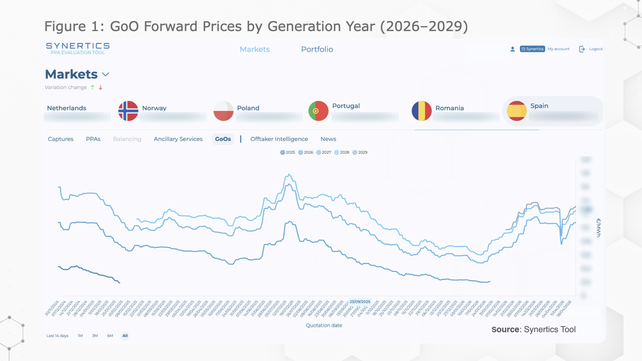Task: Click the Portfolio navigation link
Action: point(317,49)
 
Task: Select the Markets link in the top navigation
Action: point(255,49)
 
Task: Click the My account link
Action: point(558,49)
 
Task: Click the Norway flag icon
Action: point(128,111)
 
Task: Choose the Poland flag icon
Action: point(223,111)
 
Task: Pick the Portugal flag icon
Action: point(318,111)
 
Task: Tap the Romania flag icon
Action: point(421,111)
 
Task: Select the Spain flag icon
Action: point(517,111)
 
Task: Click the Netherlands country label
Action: point(67,108)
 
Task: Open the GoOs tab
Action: point(223,139)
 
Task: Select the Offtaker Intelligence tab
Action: point(279,139)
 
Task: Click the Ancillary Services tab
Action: point(178,139)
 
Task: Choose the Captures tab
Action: point(61,139)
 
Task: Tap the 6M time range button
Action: point(110,336)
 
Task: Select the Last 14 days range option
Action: point(57,336)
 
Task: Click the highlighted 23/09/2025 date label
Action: point(360,302)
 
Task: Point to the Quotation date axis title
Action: point(324,325)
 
